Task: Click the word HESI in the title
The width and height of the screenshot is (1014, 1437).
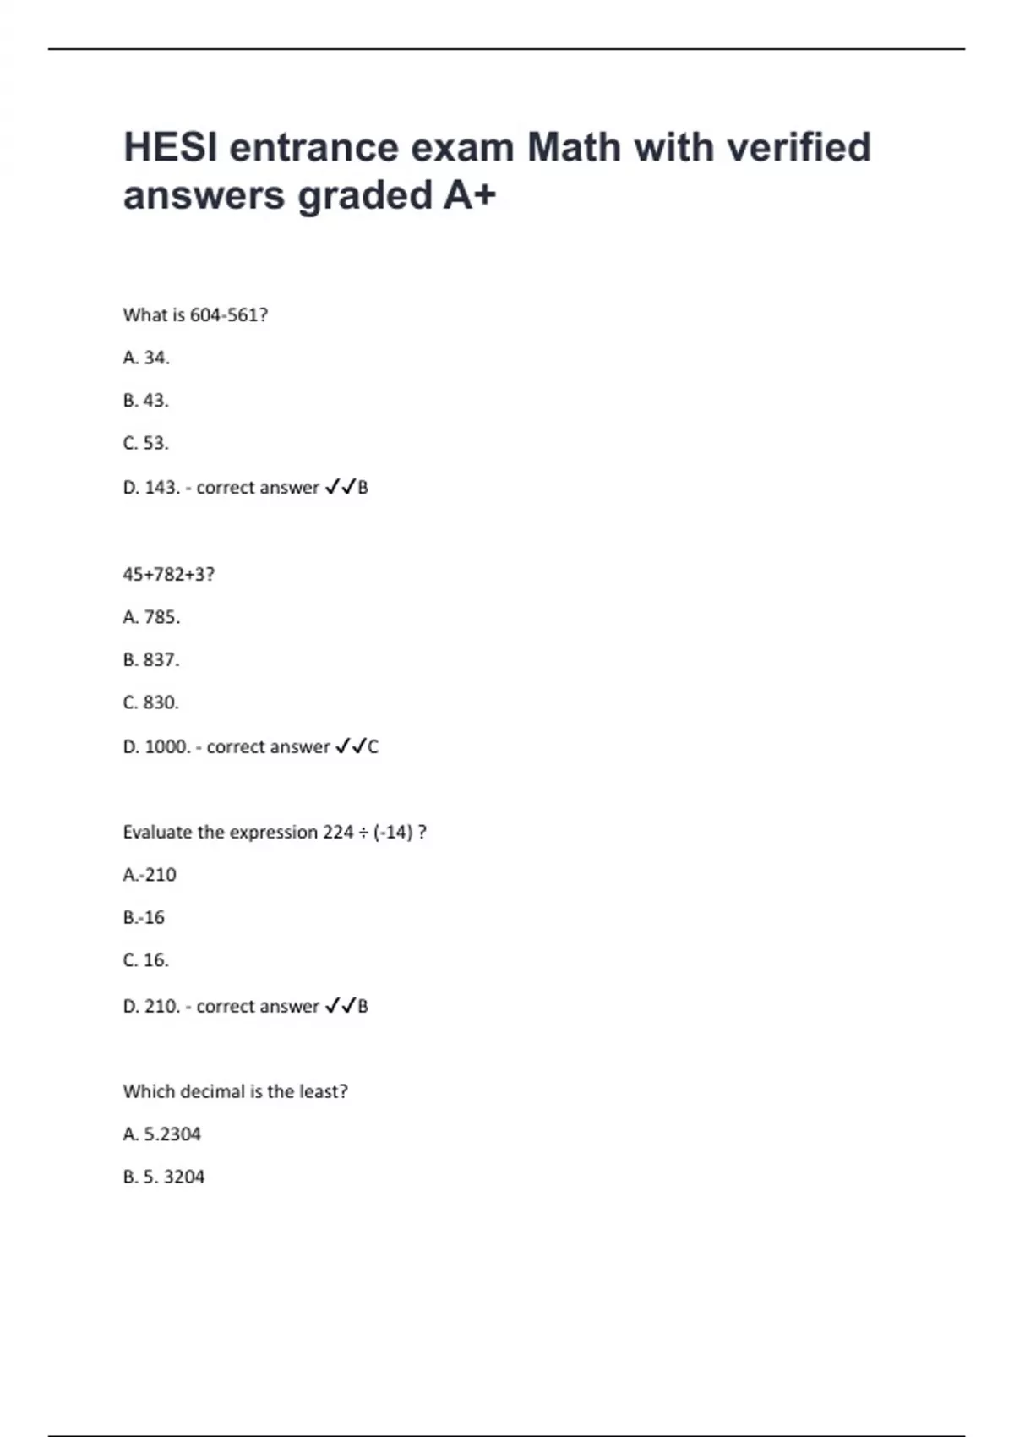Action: [169, 148]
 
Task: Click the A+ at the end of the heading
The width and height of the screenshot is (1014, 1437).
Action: [469, 196]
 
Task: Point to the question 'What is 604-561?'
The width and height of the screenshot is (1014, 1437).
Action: [195, 315]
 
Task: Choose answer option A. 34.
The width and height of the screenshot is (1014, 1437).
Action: [146, 358]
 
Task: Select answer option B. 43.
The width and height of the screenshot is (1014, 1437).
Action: [146, 401]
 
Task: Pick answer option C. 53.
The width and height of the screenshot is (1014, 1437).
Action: [146, 444]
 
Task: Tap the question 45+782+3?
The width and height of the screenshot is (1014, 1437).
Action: [169, 575]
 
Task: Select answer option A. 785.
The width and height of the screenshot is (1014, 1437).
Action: [151, 618]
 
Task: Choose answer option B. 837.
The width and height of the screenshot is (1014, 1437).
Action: [151, 660]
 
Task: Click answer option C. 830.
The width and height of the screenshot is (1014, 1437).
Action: [151, 703]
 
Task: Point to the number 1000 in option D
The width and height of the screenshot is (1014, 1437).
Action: [166, 747]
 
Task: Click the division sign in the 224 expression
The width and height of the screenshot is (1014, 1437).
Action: [363, 833]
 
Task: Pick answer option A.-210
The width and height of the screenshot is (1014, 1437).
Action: [150, 875]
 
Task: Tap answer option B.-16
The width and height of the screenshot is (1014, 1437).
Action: [144, 918]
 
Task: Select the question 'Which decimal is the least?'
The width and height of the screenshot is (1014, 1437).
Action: [235, 1092]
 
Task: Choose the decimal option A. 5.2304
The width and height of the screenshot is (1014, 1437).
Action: [162, 1134]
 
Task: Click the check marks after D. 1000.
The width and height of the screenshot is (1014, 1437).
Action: [351, 746]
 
